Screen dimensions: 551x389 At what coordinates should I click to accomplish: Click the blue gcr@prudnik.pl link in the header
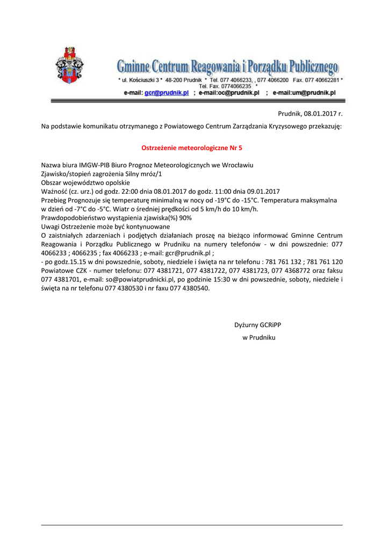[x=167, y=93]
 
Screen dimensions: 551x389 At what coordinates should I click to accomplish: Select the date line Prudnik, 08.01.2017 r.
[x=310, y=114]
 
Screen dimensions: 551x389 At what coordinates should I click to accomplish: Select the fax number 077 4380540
[x=189, y=288]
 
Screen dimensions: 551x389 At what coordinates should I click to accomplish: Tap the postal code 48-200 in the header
[x=175, y=80]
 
